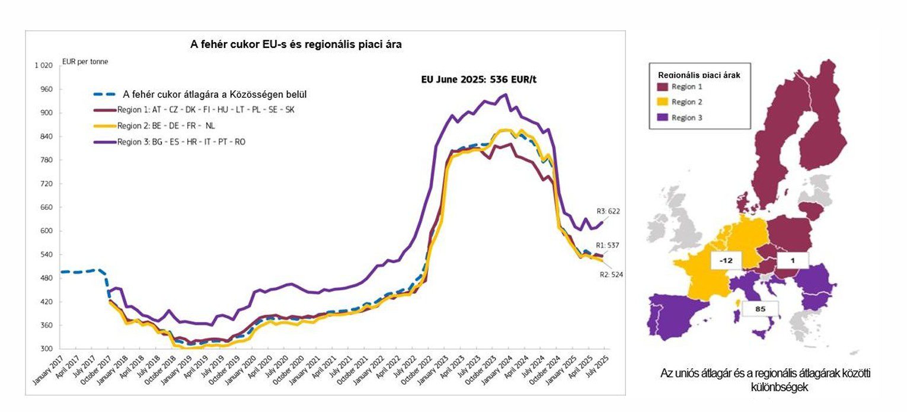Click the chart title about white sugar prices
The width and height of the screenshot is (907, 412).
[296, 44]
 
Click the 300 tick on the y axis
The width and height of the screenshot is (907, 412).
[47, 349]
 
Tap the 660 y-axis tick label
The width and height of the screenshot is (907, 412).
[47, 207]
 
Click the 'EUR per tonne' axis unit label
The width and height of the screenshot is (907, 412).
[85, 61]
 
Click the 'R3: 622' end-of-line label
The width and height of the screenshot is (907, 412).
[608, 211]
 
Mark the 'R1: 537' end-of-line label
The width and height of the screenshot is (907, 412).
[608, 244]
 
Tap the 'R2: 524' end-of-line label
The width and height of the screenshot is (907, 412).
[611, 274]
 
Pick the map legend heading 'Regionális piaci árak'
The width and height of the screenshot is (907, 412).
[700, 75]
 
